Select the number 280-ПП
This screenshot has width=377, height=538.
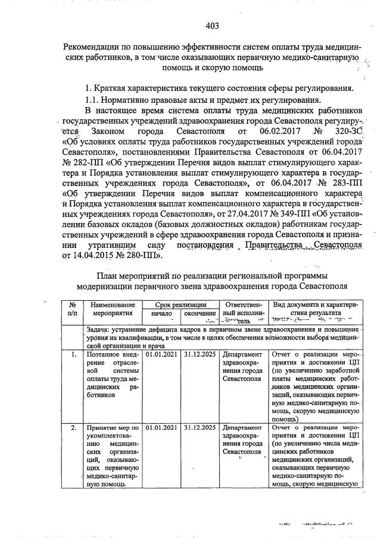pos(148,254)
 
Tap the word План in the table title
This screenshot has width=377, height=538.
pos(107,276)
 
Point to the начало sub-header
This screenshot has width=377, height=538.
pos(161,313)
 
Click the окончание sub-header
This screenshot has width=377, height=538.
pos(200,313)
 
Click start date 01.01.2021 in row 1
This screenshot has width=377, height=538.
pos(161,355)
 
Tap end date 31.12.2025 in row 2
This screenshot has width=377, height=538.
pos(200,427)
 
